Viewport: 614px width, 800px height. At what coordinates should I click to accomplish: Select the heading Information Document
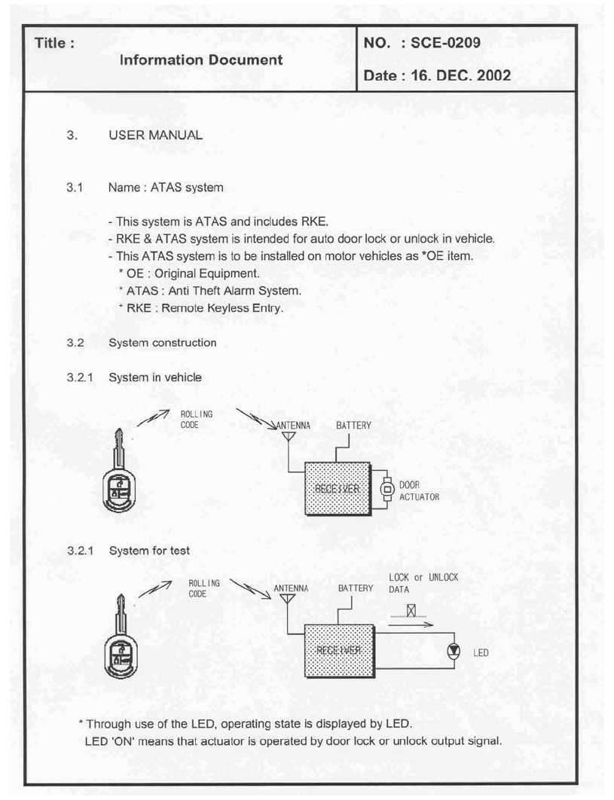[x=201, y=60]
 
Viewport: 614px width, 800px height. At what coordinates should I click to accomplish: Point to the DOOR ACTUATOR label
[x=419, y=491]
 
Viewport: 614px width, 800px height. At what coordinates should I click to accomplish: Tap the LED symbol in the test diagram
[x=454, y=652]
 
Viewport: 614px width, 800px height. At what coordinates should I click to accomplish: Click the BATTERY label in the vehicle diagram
[x=353, y=426]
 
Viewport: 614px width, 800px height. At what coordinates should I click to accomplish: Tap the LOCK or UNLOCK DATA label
[x=423, y=583]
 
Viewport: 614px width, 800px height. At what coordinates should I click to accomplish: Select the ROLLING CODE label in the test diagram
[x=204, y=588]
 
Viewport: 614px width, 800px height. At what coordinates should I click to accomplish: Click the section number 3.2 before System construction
[x=74, y=343]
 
